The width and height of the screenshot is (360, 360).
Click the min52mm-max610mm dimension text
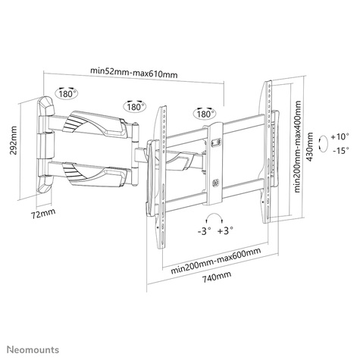point(134,72)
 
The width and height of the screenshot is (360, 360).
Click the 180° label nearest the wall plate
point(66,95)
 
